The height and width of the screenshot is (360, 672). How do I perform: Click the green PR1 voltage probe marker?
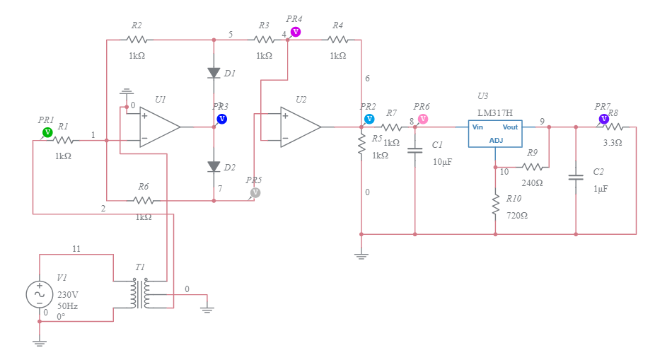tap(47, 132)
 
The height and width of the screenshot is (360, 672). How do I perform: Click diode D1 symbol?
tap(214, 73)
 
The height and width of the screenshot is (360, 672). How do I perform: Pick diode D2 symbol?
tap(214, 167)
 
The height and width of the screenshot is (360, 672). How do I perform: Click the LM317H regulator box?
tap(495, 133)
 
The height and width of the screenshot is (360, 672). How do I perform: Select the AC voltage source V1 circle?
tap(39, 294)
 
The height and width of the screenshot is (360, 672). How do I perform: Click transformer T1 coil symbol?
tap(139, 294)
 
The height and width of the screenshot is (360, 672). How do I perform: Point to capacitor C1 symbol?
tap(415, 150)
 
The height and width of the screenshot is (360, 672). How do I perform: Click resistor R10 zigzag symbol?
tap(495, 205)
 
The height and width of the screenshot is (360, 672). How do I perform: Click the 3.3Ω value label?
tap(613, 142)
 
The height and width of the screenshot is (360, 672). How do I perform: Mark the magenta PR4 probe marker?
tap(296, 32)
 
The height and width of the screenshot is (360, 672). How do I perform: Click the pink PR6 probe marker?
tap(423, 119)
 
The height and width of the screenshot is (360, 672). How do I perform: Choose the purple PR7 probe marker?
tap(604, 119)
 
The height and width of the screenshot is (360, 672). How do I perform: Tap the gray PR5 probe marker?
tap(255, 192)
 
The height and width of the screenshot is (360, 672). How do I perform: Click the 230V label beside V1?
tap(68, 294)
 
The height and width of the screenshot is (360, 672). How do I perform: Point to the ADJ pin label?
tap(496, 141)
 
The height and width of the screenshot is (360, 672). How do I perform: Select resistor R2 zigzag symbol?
tap(137, 40)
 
